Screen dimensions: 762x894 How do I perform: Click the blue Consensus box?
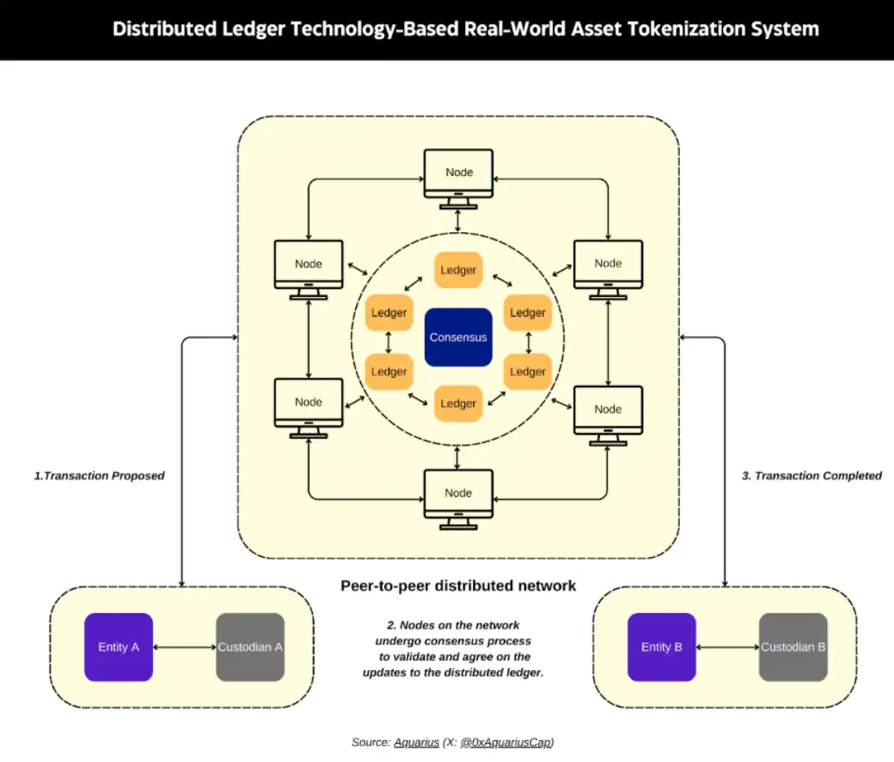458,337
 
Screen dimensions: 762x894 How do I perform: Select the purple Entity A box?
119,647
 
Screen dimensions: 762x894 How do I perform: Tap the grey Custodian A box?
250,647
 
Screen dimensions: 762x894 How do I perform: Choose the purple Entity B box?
661,647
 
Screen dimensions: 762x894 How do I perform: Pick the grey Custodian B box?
793,647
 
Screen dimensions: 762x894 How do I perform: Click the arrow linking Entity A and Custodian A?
184,647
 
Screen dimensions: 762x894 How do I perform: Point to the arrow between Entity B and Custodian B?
727,647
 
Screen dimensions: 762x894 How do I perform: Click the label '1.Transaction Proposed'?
99,475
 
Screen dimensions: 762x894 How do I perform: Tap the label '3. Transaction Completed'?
811,475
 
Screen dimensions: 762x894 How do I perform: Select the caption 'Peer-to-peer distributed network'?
458,585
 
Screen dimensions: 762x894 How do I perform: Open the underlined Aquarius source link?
416,742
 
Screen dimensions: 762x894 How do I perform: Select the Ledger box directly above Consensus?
458,270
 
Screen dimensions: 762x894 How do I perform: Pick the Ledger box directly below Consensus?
458,403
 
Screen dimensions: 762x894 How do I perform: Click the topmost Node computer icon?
458,174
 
